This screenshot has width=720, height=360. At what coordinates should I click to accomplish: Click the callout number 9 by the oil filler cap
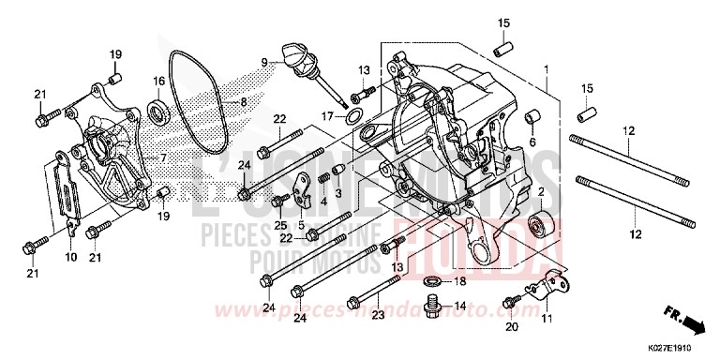(265, 62)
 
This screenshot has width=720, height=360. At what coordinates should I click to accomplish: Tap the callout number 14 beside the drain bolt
(460, 307)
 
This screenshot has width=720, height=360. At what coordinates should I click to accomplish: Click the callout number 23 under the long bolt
(377, 316)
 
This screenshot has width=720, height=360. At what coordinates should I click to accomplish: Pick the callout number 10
(70, 256)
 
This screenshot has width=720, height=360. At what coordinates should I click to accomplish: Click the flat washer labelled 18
(431, 281)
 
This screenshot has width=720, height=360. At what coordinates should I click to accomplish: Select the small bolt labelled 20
(510, 303)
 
